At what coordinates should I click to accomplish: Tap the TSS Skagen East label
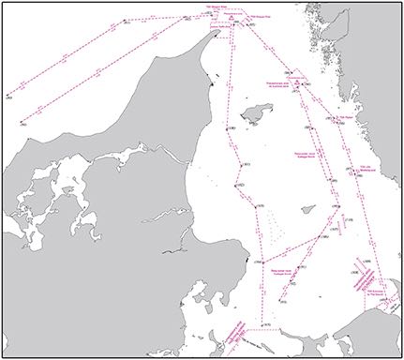[x=255, y=17]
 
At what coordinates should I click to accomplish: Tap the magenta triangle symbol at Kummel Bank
[x=296, y=85]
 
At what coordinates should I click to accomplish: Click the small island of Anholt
[x=307, y=211]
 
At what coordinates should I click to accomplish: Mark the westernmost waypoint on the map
[x=7, y=95]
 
